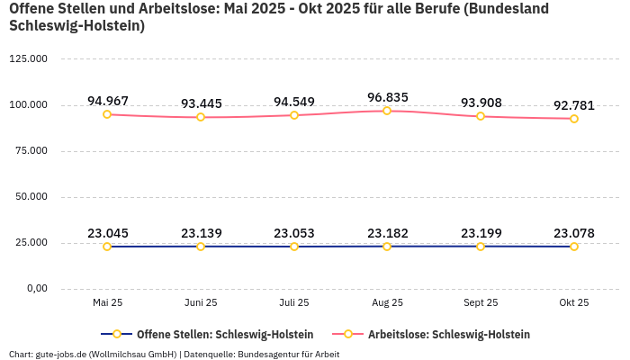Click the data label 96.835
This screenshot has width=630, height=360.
[387, 96]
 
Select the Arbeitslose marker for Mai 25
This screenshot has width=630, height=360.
[107, 114]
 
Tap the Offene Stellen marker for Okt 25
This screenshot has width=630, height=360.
[574, 247]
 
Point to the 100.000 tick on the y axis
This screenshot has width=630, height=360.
[29, 105]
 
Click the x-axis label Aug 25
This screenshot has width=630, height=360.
[387, 303]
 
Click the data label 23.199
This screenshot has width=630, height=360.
[481, 233]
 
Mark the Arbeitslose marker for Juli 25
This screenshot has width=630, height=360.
[294, 115]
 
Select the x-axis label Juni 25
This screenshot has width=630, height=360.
[201, 303]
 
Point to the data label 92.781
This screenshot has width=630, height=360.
[574, 105]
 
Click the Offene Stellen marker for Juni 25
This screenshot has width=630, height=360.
[201, 247]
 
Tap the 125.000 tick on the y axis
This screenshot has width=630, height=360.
[29, 59]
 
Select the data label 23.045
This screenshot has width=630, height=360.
[107, 233]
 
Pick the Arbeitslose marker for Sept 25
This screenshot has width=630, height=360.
[481, 116]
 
